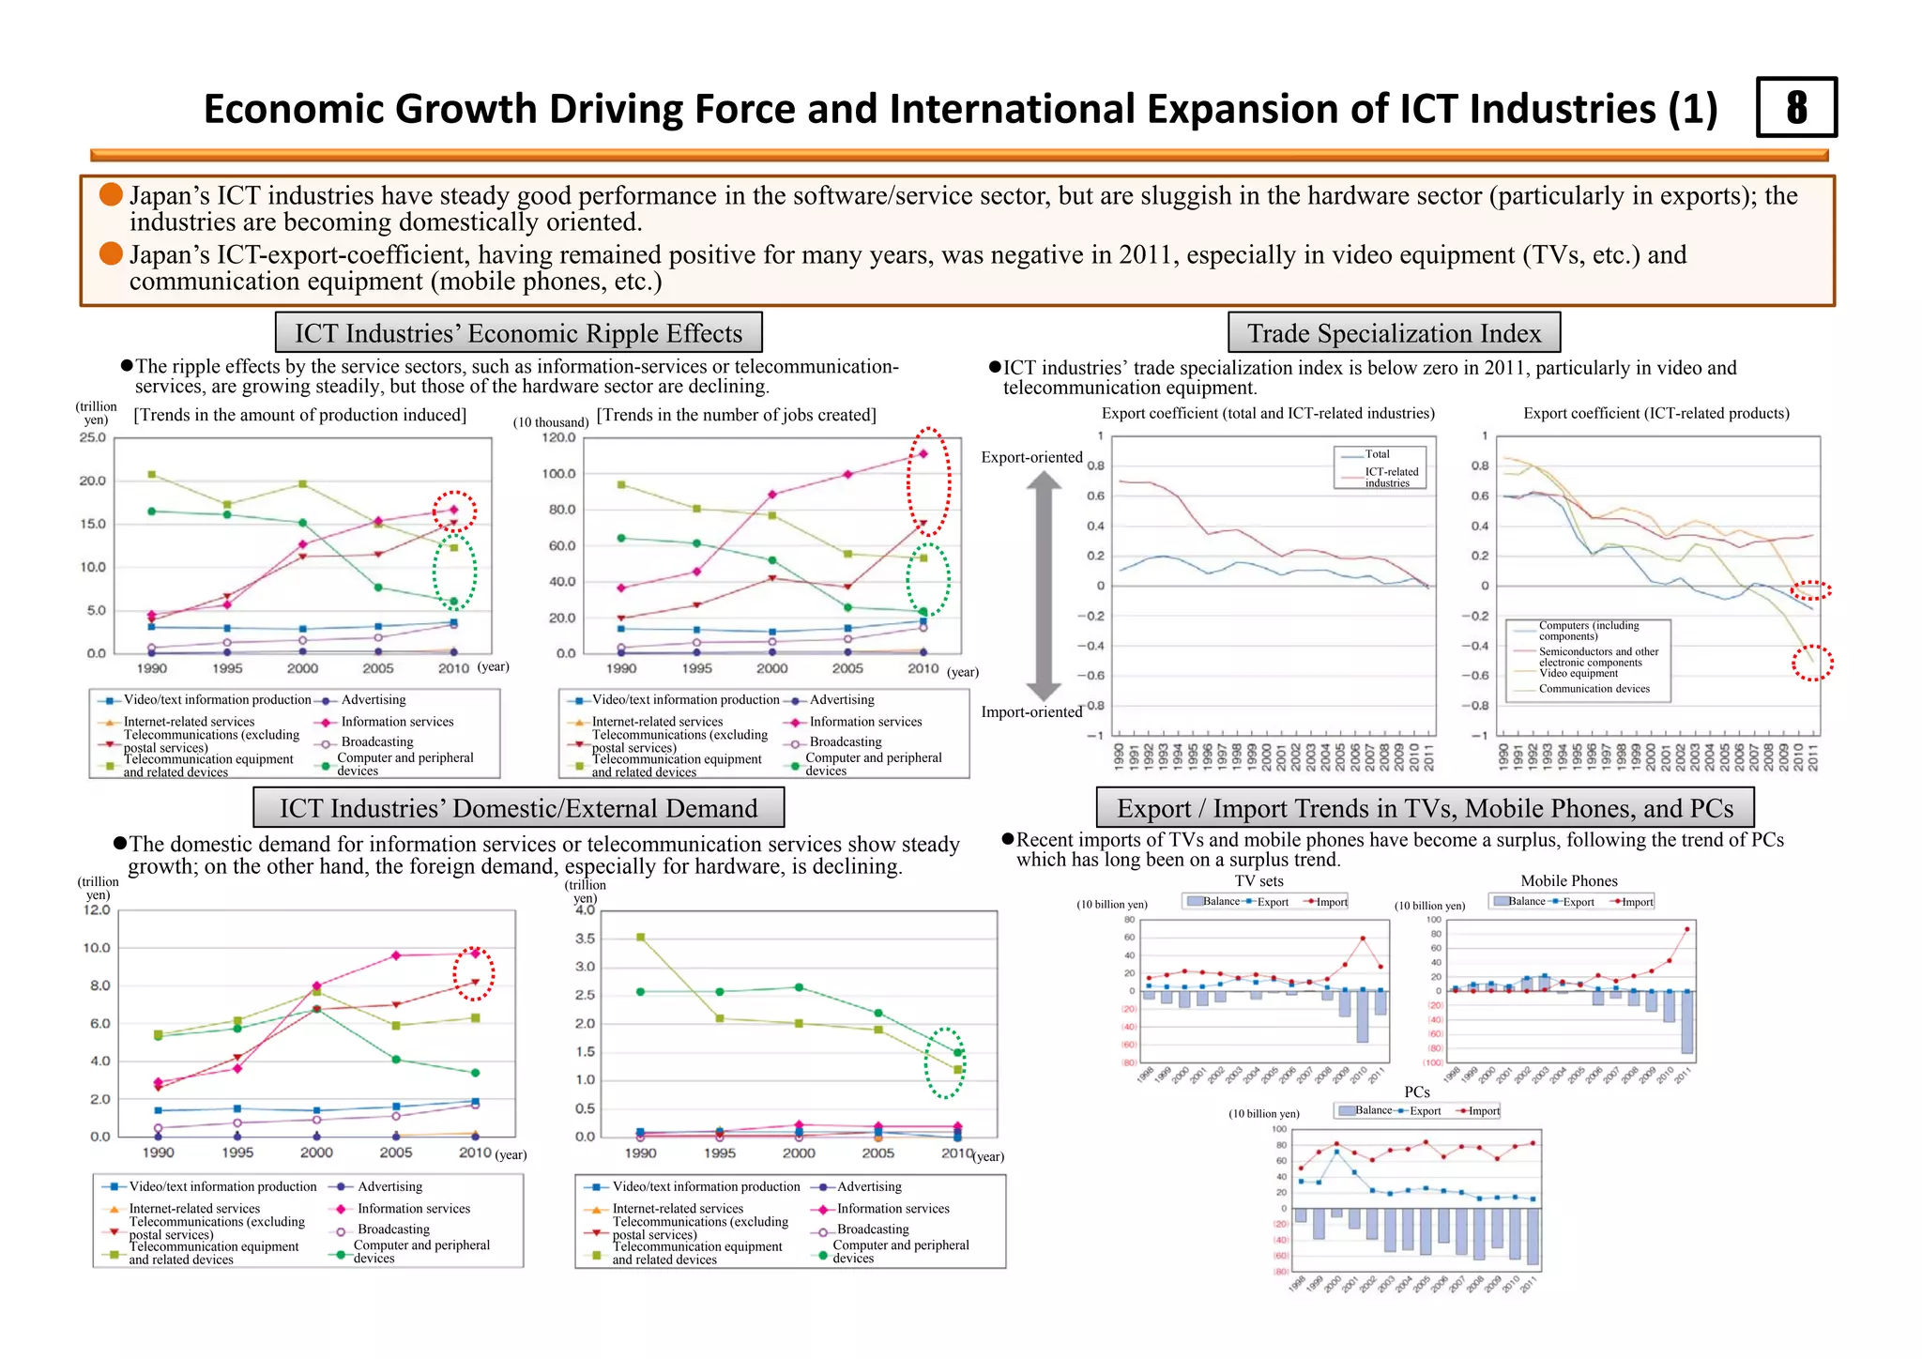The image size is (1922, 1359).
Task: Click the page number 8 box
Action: coord(1795,108)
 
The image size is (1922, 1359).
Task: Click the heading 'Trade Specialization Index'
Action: coord(1393,333)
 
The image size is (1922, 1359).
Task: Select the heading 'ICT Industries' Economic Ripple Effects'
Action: coord(518,333)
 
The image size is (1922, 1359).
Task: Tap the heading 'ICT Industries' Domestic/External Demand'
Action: coord(518,808)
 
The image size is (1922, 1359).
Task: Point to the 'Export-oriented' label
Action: coord(1031,457)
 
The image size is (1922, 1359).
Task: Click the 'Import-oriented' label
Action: coord(1031,711)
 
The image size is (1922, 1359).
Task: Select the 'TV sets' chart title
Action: coord(1258,880)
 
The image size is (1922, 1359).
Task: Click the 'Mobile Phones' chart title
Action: coord(1568,880)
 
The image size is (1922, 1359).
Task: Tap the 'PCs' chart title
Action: coord(1416,1092)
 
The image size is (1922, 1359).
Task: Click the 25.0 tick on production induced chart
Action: coord(93,437)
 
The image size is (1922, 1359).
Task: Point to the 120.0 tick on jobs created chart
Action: coord(558,437)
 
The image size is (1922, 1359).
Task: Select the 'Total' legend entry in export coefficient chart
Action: coord(1377,454)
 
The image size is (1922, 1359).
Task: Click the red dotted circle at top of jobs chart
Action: coord(928,481)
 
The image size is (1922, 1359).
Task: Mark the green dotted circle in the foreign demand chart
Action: coord(945,1061)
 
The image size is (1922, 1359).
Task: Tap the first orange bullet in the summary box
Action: coord(112,194)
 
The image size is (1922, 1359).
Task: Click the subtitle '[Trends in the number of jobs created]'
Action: coord(736,415)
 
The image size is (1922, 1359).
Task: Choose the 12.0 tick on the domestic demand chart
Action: coord(97,909)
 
